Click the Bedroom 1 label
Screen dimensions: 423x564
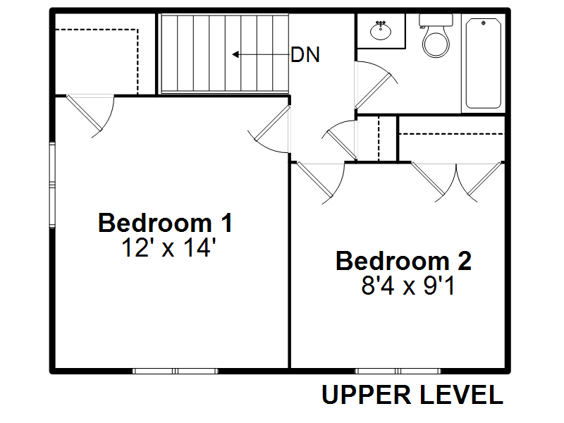pos(165,223)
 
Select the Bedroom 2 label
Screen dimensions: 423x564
pos(403,261)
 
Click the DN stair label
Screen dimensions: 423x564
pos(305,55)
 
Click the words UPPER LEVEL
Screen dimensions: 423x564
pos(412,395)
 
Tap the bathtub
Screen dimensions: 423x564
pos(484,63)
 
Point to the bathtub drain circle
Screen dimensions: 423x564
pos(484,23)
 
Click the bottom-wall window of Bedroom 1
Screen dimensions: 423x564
pos(175,371)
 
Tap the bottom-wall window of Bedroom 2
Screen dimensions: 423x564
pos(398,371)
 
